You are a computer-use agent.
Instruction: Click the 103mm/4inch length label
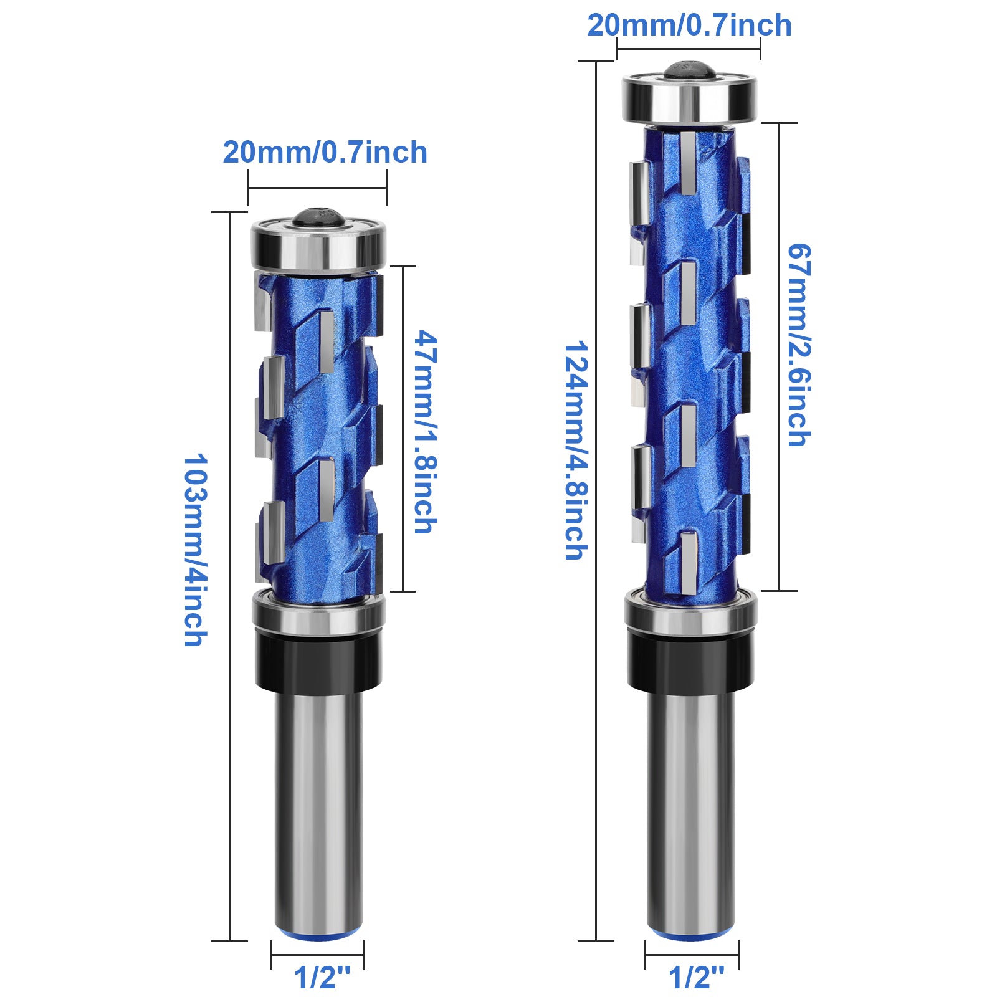[x=195, y=550]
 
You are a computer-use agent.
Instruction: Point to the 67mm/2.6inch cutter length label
[x=799, y=345]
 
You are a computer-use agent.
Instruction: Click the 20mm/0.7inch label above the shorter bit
[x=325, y=153]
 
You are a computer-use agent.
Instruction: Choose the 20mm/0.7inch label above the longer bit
[x=689, y=26]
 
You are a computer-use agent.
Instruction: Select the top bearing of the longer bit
[x=690, y=98]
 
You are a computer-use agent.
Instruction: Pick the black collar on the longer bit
[x=690, y=664]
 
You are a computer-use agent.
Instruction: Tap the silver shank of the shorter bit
[x=318, y=810]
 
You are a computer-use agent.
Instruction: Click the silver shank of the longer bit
[x=690, y=810]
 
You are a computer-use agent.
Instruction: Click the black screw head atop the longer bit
[x=688, y=69]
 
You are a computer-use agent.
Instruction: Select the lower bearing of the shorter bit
[x=318, y=613]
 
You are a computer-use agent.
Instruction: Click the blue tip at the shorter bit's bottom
[x=318, y=935]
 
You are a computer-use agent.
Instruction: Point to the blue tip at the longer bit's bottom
[x=690, y=935]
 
